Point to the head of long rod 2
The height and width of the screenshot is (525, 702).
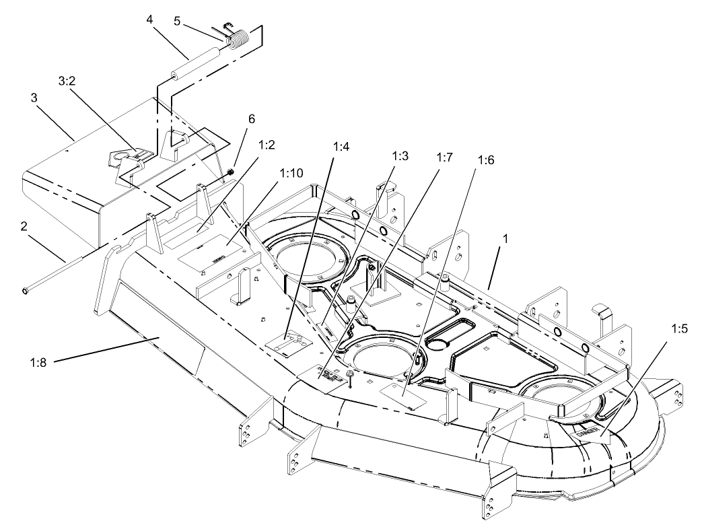26,290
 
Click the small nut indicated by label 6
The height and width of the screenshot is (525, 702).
230,174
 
